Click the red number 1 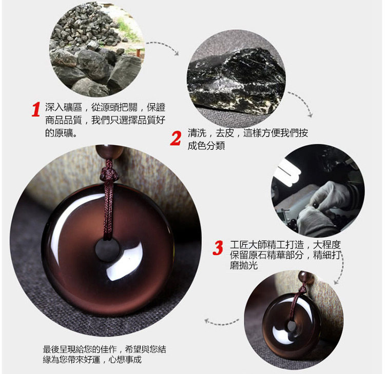tap(36, 109)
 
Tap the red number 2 tap(176, 139)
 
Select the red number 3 tap(218, 248)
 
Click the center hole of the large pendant tap(107, 250)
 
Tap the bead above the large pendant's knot tap(109, 152)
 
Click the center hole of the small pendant tap(292, 326)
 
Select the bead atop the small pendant tap(306, 277)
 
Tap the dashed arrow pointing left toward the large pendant tap(221, 322)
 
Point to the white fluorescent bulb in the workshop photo tap(289, 172)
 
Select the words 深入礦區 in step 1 tap(63, 107)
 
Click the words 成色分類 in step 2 tap(206, 146)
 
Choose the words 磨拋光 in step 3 tap(244, 265)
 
